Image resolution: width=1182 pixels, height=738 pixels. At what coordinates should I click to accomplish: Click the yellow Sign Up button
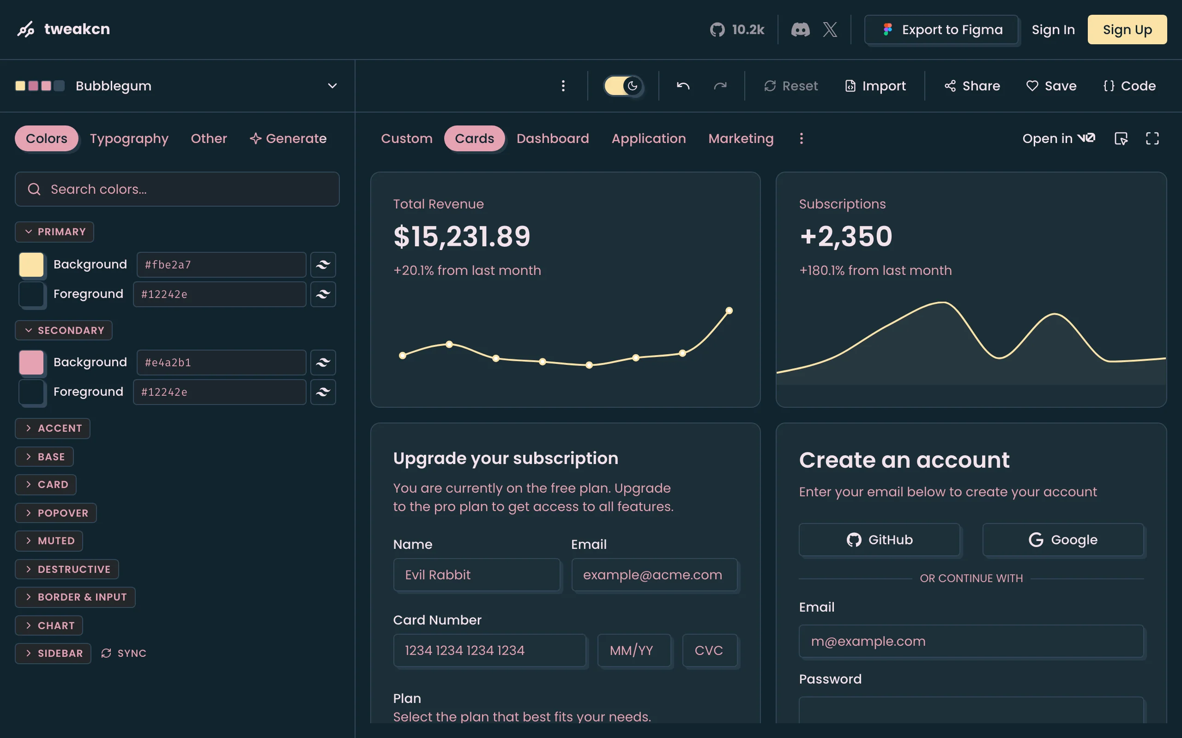point(1127,30)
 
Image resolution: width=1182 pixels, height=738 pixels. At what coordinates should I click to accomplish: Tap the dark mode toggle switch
point(623,86)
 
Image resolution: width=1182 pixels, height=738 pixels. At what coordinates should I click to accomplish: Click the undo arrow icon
point(683,86)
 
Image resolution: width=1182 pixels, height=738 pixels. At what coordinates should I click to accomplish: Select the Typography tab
point(129,139)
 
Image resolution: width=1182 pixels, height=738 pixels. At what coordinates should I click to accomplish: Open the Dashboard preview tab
point(552,139)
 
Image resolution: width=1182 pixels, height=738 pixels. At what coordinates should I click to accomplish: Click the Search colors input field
point(177,189)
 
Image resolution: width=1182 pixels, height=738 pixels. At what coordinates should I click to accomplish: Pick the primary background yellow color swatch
point(31,265)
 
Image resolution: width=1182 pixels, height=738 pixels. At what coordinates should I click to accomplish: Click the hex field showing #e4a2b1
point(221,362)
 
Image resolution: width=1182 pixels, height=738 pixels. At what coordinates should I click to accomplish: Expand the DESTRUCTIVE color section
point(67,569)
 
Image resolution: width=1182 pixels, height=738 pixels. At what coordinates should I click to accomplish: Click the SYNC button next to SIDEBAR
point(124,653)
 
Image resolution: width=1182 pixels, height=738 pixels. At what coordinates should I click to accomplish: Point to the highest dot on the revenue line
point(729,310)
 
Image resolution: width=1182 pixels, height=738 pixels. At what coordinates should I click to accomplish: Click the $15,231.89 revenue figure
point(462,237)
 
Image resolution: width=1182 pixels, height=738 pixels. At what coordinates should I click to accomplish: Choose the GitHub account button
point(879,539)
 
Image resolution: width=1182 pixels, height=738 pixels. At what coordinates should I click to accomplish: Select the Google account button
point(1063,539)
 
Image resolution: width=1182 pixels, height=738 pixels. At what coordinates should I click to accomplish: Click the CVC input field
point(710,650)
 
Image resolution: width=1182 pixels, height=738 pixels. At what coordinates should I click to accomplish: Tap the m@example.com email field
point(971,641)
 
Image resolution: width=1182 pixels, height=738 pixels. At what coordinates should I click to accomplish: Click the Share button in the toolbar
point(972,86)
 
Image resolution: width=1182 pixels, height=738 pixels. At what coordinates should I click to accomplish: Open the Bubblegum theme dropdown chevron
point(332,86)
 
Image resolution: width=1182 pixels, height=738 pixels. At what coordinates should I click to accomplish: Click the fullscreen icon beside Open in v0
point(1152,139)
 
